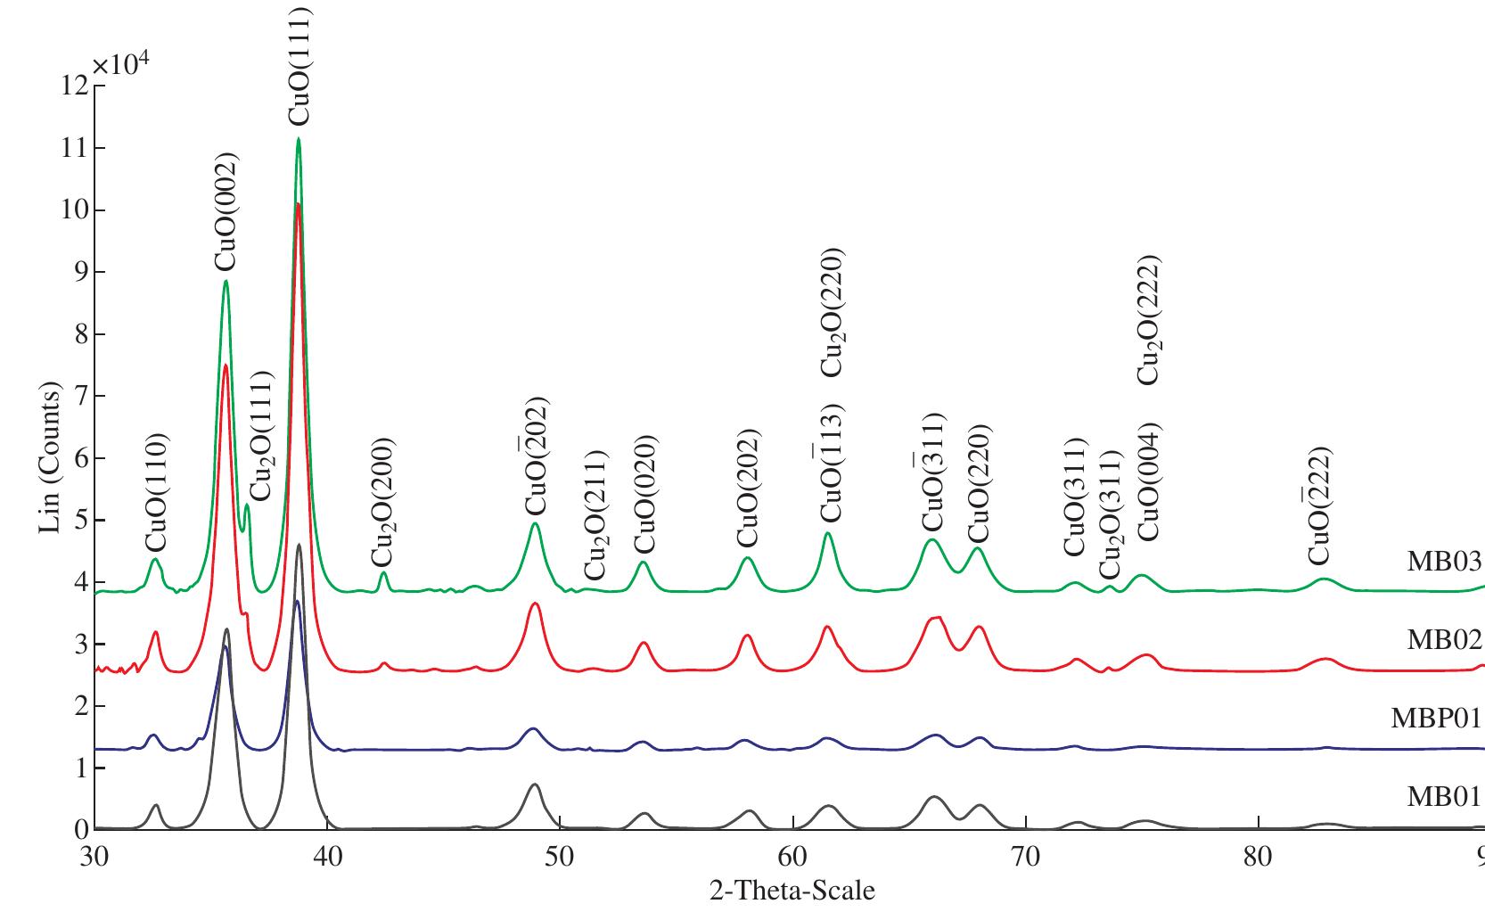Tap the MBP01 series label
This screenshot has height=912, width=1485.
(1435, 719)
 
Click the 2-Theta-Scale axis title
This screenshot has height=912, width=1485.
(792, 890)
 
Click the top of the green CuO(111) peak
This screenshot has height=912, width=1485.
(298, 139)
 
